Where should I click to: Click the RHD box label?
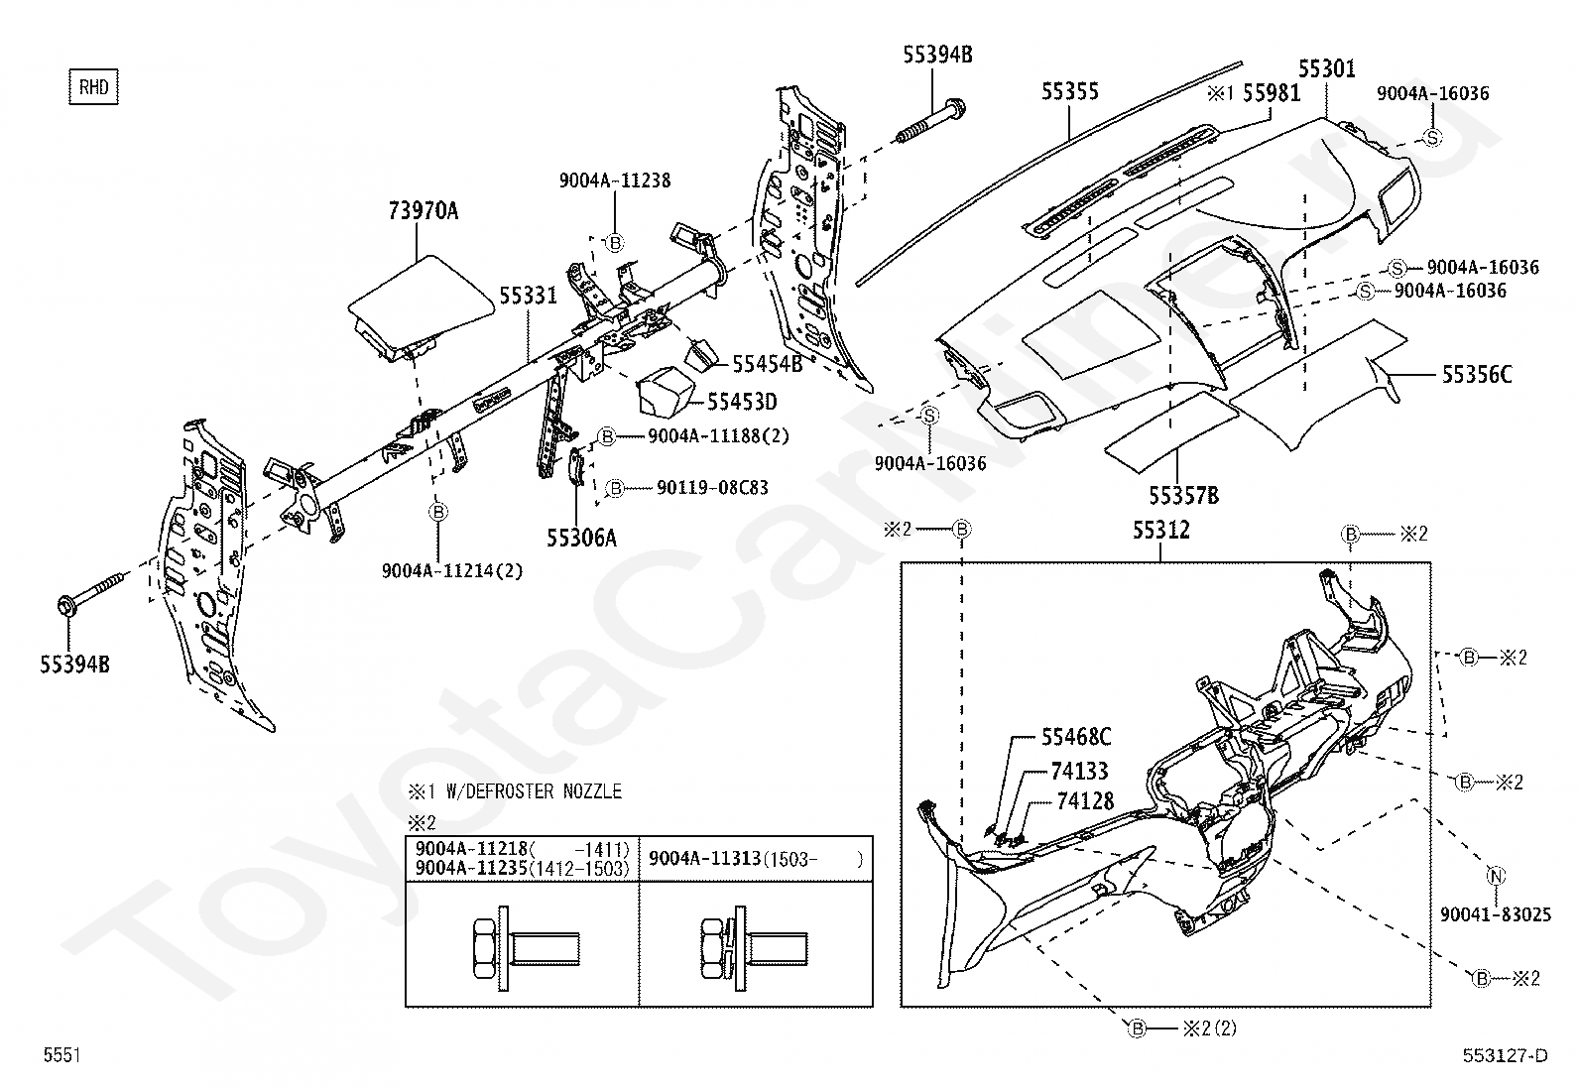tap(94, 87)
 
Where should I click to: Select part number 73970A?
tap(423, 210)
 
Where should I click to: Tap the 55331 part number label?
tap(528, 295)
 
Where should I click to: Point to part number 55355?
tap(1070, 91)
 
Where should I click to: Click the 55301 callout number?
tap(1327, 68)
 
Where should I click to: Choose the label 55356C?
tap(1477, 374)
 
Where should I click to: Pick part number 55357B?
tap(1183, 496)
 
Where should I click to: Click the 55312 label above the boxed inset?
tap(1161, 530)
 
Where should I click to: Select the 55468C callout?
tap(1076, 737)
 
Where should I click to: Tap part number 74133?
tap(1079, 771)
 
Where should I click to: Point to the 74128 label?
tap(1085, 801)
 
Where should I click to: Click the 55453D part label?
tap(742, 402)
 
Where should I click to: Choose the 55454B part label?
tap(767, 364)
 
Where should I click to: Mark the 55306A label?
tap(581, 538)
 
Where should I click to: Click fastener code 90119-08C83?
tap(712, 487)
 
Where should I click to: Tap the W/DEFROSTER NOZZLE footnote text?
tap(534, 791)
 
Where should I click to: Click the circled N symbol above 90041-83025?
tap(1496, 876)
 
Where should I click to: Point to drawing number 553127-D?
tap(1505, 1055)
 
